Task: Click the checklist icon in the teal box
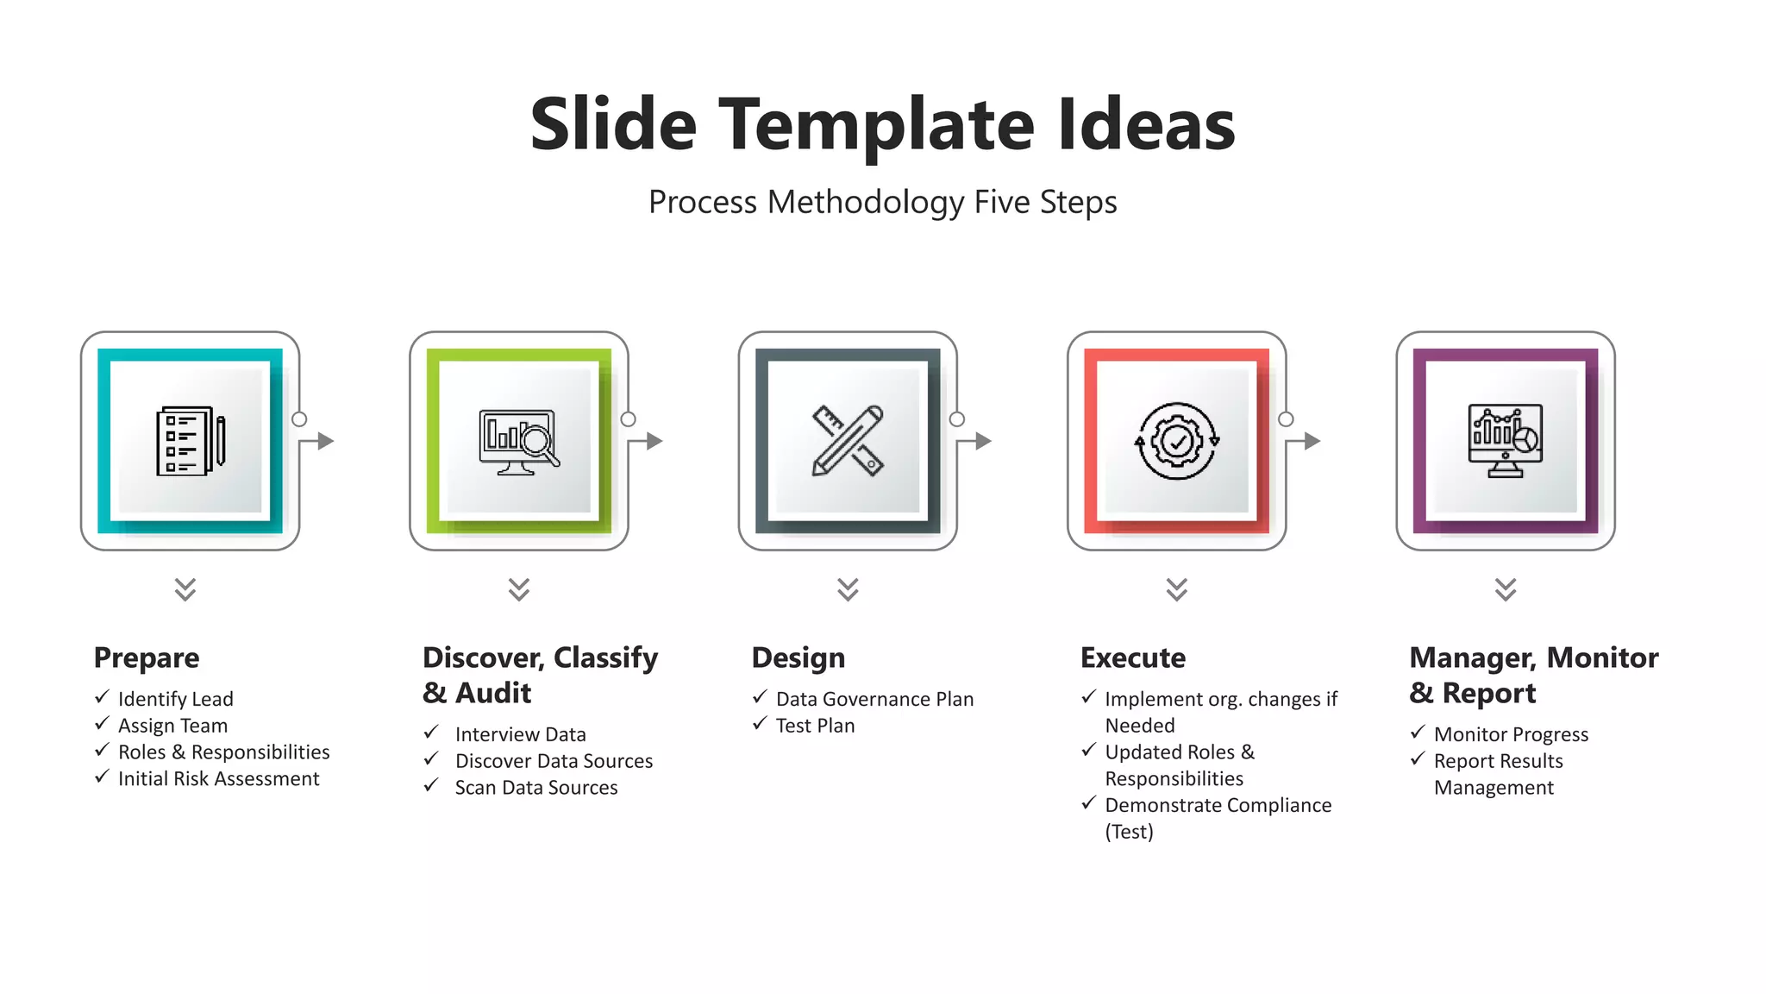191,441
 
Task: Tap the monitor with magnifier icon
519,442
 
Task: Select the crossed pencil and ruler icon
848,441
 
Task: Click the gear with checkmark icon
1177,441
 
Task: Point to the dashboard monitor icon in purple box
1506,441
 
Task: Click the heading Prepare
147,657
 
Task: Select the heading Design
798,657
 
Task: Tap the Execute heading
1133,657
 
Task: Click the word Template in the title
876,125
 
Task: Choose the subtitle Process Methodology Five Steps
883,202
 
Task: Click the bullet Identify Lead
176,699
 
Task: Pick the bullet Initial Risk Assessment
219,779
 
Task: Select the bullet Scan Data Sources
536,788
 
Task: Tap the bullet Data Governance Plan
874,699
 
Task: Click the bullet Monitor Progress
1511,734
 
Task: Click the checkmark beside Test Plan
760,723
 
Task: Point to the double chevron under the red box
1177,589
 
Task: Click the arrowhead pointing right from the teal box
326,441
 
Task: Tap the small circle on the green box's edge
629,419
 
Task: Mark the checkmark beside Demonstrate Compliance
1089,803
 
